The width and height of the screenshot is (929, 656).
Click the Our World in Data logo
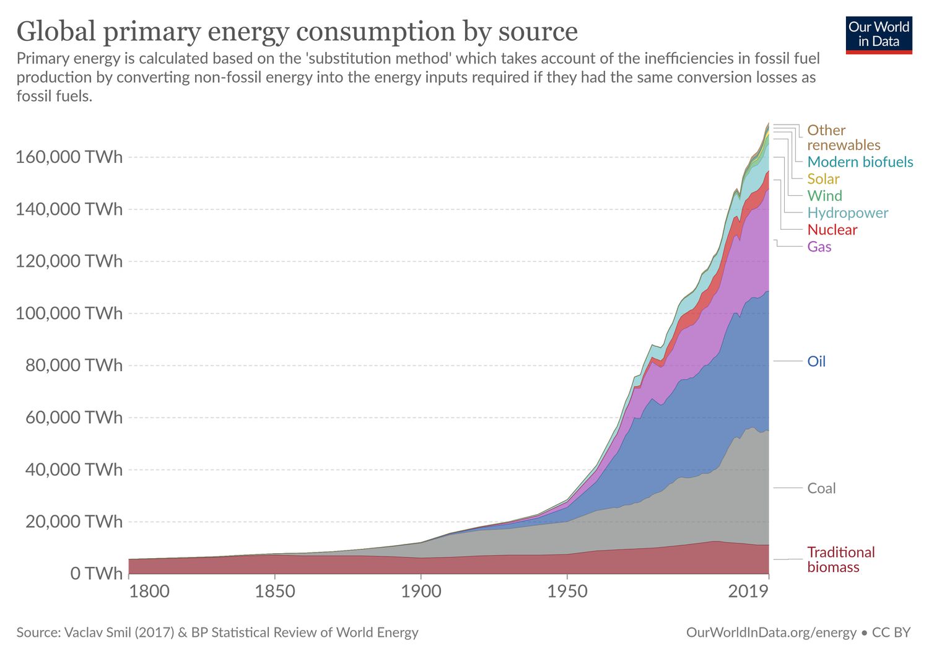click(x=878, y=35)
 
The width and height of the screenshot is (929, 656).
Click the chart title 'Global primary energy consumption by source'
click(x=297, y=31)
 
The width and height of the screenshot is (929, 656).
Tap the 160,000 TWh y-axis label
click(x=69, y=157)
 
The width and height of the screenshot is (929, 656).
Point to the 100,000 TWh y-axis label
click(x=69, y=313)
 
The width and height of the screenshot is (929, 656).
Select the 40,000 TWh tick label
click(x=74, y=470)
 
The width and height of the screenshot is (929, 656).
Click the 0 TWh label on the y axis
click(x=96, y=574)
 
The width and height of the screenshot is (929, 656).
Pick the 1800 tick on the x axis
click(x=149, y=592)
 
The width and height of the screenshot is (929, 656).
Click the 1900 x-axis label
click(x=421, y=592)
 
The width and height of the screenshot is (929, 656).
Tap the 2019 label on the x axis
click(x=748, y=592)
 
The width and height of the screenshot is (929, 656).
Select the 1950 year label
click(x=567, y=592)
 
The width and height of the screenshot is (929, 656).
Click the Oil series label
click(x=816, y=361)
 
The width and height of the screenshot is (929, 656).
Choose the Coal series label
click(x=821, y=488)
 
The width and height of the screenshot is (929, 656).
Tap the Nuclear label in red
click(x=832, y=230)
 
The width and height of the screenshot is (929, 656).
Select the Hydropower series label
click(x=847, y=212)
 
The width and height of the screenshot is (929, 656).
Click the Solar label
click(x=823, y=179)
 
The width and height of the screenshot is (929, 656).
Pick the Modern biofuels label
click(x=860, y=162)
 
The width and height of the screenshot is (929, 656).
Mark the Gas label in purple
click(x=819, y=247)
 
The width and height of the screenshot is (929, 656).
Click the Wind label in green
click(x=824, y=196)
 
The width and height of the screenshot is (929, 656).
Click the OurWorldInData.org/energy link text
click(x=771, y=632)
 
